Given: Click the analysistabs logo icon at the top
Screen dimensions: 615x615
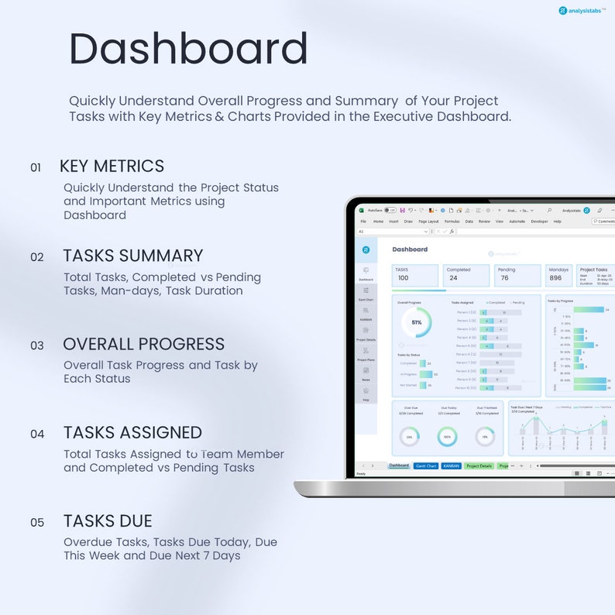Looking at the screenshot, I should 563,11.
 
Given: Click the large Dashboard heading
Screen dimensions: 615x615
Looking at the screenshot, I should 188,49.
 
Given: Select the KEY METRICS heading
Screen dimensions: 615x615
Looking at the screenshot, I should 112,166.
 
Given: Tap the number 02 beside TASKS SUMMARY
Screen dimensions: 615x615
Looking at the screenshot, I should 37,257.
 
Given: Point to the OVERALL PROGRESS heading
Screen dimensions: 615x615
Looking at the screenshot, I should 143,344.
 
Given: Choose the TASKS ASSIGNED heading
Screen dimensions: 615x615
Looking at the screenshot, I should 132,432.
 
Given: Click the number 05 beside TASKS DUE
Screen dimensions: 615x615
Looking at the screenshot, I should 37,523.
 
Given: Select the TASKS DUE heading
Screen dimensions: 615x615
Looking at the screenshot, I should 107,521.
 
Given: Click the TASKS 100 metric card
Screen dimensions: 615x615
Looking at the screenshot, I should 416,275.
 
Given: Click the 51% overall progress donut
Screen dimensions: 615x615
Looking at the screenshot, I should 416,322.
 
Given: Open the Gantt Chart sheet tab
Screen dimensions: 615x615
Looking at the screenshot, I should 426,466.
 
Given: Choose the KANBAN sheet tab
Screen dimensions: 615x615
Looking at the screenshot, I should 451,466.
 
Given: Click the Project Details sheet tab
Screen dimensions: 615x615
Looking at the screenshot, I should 479,466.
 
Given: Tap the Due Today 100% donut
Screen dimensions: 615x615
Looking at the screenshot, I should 447,437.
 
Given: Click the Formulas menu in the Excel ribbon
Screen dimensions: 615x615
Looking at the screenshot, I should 452,222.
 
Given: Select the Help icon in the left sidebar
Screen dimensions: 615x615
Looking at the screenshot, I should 366,393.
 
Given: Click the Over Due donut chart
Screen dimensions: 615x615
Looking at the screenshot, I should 410,437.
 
